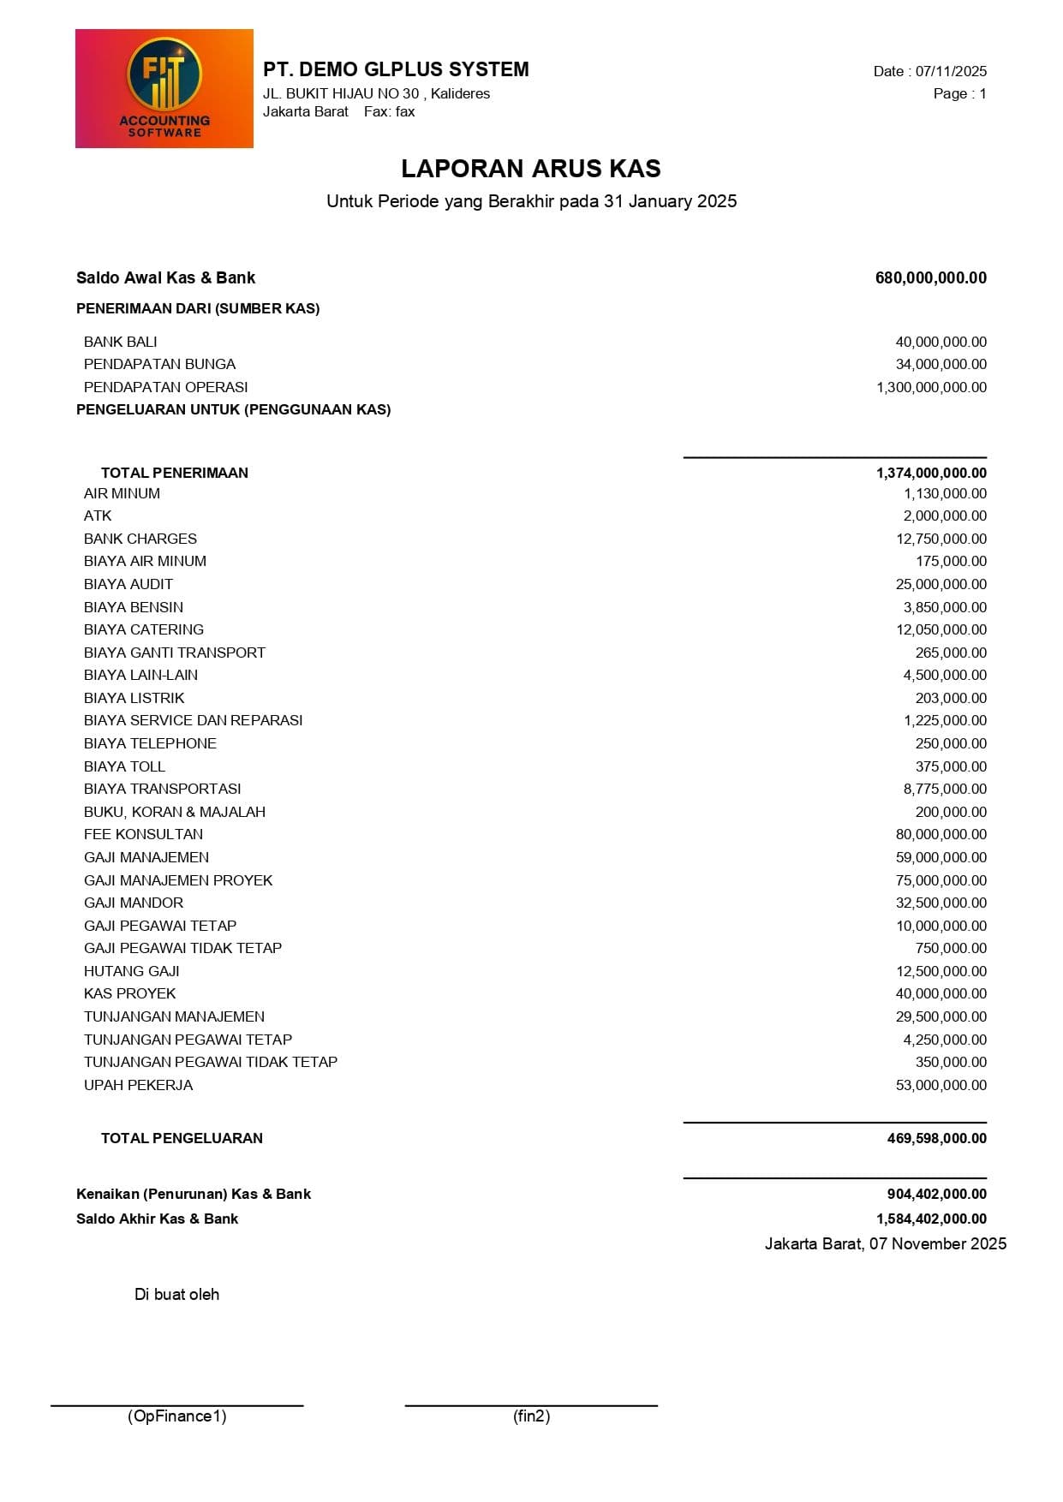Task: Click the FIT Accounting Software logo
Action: pos(164,89)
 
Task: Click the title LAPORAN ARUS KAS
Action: pos(531,169)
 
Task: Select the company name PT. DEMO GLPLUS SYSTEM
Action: pos(396,69)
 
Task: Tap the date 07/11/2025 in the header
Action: pos(951,71)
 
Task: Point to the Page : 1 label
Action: pos(959,93)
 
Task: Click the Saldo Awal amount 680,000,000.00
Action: pos(930,277)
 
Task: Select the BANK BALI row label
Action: pos(121,342)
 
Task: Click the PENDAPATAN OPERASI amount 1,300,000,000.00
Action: pos(931,387)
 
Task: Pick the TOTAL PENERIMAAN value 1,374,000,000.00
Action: pos(931,473)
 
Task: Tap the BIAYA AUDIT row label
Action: pos(128,584)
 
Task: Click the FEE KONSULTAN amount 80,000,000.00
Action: pos(941,834)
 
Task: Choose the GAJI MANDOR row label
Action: pos(134,903)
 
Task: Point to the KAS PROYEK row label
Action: pos(130,993)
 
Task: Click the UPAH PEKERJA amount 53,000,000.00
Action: pos(941,1085)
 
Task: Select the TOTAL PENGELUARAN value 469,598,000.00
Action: pos(936,1138)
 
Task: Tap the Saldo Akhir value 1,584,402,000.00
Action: pos(931,1219)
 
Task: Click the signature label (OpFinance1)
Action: pos(177,1416)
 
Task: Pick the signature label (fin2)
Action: pos(531,1416)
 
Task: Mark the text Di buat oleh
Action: pos(176,1294)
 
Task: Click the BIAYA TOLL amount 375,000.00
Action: pos(951,766)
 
